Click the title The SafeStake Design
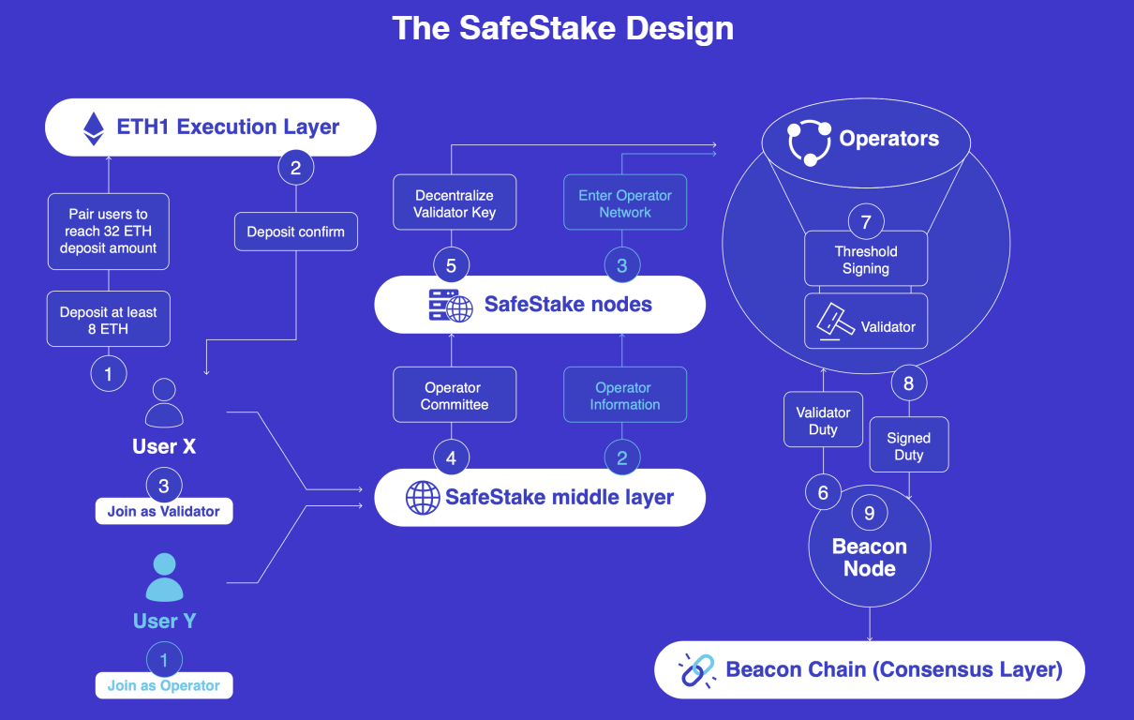click(563, 28)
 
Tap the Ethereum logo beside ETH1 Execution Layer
click(94, 127)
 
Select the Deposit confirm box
click(295, 232)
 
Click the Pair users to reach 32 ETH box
click(108, 232)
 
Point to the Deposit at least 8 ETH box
click(108, 321)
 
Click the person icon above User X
click(164, 403)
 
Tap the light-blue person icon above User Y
click(164, 577)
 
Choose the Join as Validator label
click(164, 511)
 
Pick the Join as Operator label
click(164, 685)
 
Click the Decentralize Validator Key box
click(455, 203)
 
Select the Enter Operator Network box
click(625, 203)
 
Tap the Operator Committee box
click(455, 396)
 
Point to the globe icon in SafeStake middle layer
click(423, 498)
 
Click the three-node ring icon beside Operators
click(809, 142)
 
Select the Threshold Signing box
click(866, 260)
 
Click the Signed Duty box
click(908, 446)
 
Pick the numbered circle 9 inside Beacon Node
click(870, 513)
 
